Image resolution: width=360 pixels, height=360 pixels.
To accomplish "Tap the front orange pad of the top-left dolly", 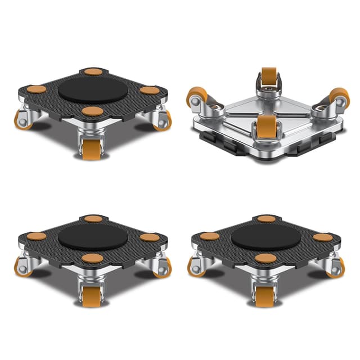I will tap(92, 111).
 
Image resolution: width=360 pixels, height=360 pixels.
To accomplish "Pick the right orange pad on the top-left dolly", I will tap(149, 90).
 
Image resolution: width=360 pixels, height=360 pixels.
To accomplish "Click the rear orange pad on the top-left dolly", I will tap(93, 71).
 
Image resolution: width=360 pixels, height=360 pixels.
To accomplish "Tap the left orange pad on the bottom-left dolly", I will tap(37, 236).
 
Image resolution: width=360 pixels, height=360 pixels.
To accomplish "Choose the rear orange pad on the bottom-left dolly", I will tap(93, 219).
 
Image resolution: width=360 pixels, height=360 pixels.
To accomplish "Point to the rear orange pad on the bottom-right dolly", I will tap(267, 219).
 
